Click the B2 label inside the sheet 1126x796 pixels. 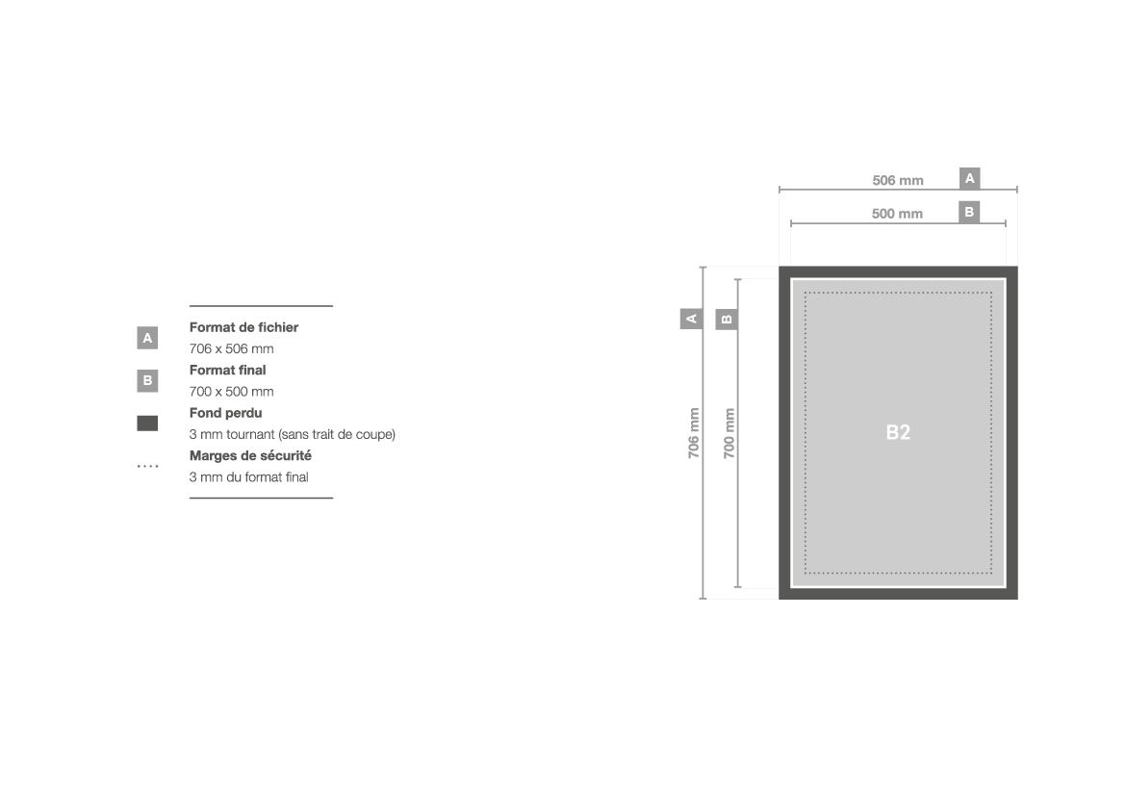pyautogui.click(x=898, y=432)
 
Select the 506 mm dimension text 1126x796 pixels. pyautogui.click(x=898, y=180)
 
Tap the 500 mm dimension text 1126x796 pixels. pyautogui.click(x=897, y=214)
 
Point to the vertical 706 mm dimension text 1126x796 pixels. pyautogui.click(x=693, y=433)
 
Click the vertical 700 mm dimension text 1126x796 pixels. pyautogui.click(x=729, y=433)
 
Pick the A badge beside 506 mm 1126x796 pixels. pyautogui.click(x=969, y=178)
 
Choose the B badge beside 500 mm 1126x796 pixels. pyautogui.click(x=969, y=212)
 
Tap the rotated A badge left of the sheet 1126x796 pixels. pyautogui.click(x=692, y=319)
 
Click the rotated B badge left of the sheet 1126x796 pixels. pyautogui.click(x=727, y=319)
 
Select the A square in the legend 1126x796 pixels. pyautogui.click(x=147, y=338)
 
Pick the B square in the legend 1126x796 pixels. pyautogui.click(x=147, y=381)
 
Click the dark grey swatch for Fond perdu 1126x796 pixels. pyautogui.click(x=147, y=424)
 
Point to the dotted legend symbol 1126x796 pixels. pyautogui.click(x=147, y=466)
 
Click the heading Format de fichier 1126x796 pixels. pyautogui.click(x=244, y=327)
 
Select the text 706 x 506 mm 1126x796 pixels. pyautogui.click(x=231, y=349)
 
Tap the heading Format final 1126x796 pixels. pyautogui.click(x=228, y=370)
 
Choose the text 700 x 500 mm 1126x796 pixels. pyautogui.click(x=231, y=392)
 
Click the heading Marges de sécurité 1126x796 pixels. pyautogui.click(x=250, y=455)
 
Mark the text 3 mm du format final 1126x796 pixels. pyautogui.click(x=249, y=477)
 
